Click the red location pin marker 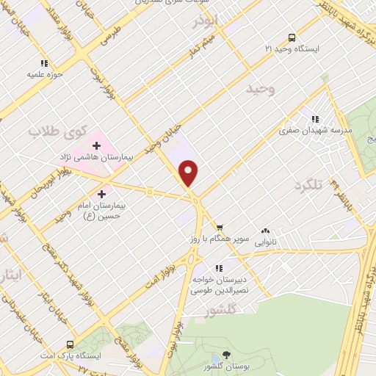189,173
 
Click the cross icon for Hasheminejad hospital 95,145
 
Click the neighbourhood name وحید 261,89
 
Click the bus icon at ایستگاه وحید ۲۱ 292,37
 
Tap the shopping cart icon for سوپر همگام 220,228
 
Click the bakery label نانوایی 264,239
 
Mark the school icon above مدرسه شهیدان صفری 316,119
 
